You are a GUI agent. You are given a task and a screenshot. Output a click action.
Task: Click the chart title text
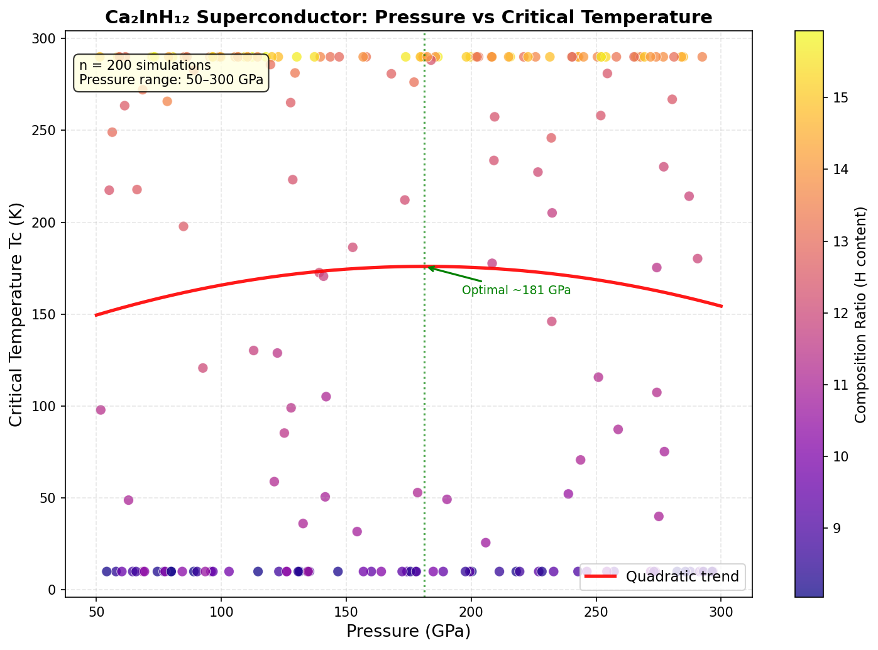pos(409,17)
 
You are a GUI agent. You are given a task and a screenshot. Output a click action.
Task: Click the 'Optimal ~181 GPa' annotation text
pos(516,290)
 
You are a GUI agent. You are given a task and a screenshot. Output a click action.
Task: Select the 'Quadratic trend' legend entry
pos(682,576)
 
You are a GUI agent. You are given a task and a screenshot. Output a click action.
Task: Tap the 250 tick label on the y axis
pos(45,131)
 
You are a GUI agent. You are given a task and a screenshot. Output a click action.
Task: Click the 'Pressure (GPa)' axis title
pos(409,631)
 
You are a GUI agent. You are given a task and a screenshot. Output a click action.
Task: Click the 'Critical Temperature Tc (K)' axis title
pos(17,314)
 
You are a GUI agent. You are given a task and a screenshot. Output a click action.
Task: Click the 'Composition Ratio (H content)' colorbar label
pos(861,314)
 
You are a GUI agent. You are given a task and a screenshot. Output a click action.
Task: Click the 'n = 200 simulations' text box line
pos(145,65)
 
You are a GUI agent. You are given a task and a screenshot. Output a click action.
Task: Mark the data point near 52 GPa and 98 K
pos(101,410)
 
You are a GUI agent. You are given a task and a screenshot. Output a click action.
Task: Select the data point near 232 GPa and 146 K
pos(551,321)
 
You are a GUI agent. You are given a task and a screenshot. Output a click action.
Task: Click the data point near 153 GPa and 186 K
pos(353,247)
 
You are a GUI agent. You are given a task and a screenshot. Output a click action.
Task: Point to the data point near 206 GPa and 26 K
pos(485,543)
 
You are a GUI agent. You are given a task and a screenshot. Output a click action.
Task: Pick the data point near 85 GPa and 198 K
pos(184,226)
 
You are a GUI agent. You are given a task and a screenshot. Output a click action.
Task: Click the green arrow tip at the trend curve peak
pos(428,267)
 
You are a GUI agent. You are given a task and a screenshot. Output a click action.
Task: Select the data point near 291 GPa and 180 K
pos(697,258)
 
